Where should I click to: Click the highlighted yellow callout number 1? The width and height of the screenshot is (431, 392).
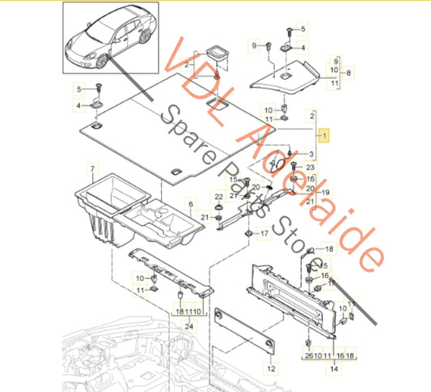(x=324, y=135)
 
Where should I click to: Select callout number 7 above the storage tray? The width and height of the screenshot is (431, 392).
(x=93, y=168)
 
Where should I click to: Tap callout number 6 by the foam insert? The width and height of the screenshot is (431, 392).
(x=191, y=204)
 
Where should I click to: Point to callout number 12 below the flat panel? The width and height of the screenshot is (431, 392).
(x=271, y=369)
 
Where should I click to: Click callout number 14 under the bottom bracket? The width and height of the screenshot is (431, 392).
(x=334, y=369)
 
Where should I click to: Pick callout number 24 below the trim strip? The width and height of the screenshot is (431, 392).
(x=189, y=326)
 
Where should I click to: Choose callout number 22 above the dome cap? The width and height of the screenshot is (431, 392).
(x=219, y=197)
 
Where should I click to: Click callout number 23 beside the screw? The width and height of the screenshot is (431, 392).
(x=310, y=167)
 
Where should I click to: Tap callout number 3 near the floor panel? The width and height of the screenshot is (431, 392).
(x=311, y=154)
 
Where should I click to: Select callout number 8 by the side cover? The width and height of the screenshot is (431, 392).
(x=349, y=73)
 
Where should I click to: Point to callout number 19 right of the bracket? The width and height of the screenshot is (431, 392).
(x=325, y=192)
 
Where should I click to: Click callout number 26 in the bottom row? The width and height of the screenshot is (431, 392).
(x=309, y=356)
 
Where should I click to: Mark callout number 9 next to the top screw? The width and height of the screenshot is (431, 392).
(x=254, y=45)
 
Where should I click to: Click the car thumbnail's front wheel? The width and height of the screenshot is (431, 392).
(x=101, y=61)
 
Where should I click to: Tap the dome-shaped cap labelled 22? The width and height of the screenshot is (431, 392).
(x=219, y=207)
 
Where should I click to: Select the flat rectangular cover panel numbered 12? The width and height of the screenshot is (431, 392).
(x=244, y=330)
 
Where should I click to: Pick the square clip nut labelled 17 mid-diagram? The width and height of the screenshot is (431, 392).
(x=249, y=233)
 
